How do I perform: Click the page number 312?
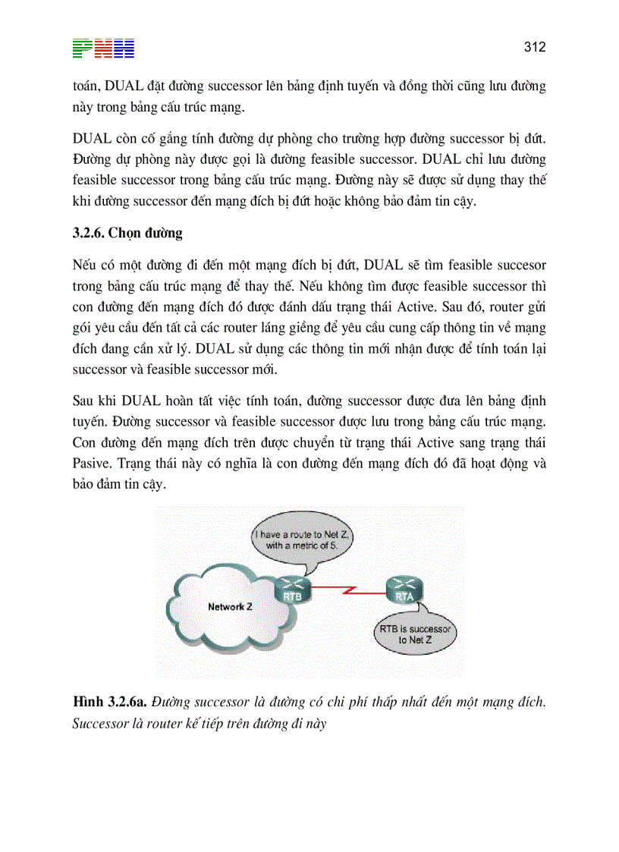point(535,47)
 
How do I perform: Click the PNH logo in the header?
point(104,49)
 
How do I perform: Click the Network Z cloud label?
point(226,607)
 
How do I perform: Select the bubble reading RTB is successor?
point(415,634)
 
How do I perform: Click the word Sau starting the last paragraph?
point(85,400)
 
